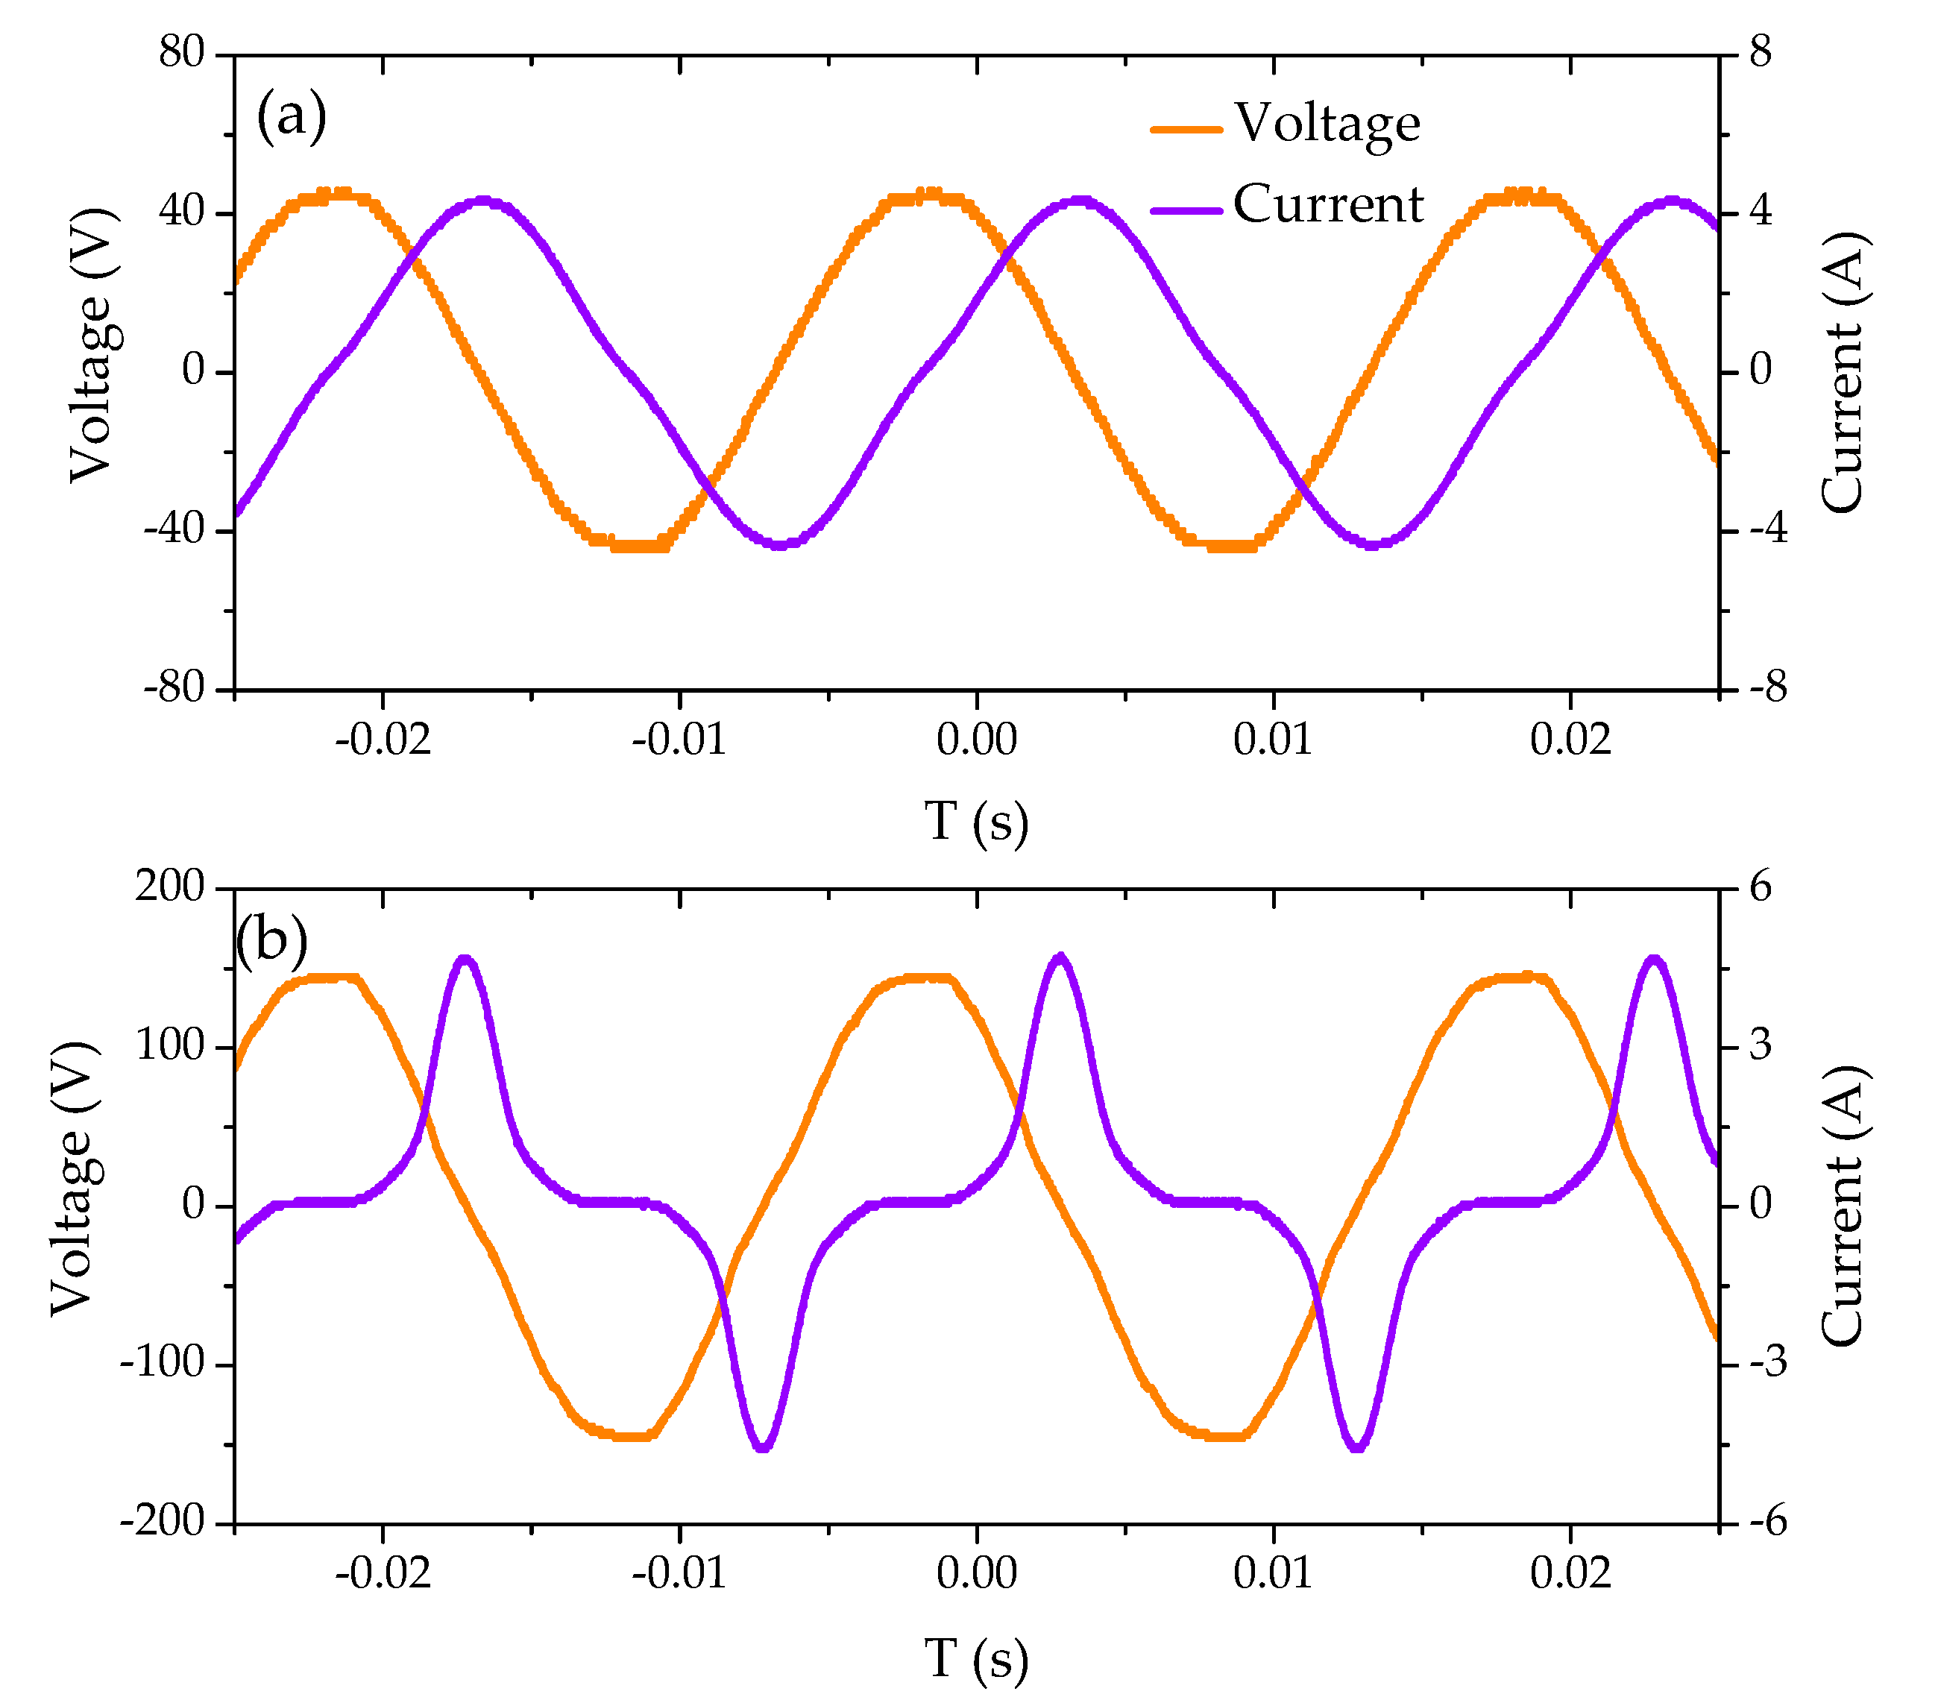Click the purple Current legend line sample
coord(1186,210)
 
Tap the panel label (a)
coord(291,116)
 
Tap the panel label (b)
coord(272,939)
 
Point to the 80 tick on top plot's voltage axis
coord(182,52)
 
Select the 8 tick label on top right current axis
coord(1760,52)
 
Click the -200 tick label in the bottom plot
coord(163,1522)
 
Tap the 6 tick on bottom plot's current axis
coord(1760,887)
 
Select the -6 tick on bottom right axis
coord(1768,1522)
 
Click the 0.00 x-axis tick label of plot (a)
coord(977,740)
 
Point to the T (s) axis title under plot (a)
coord(977,821)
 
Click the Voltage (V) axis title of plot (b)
coord(74,1179)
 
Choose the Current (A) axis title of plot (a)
coord(1843,372)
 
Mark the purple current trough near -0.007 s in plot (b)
coord(764,1447)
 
